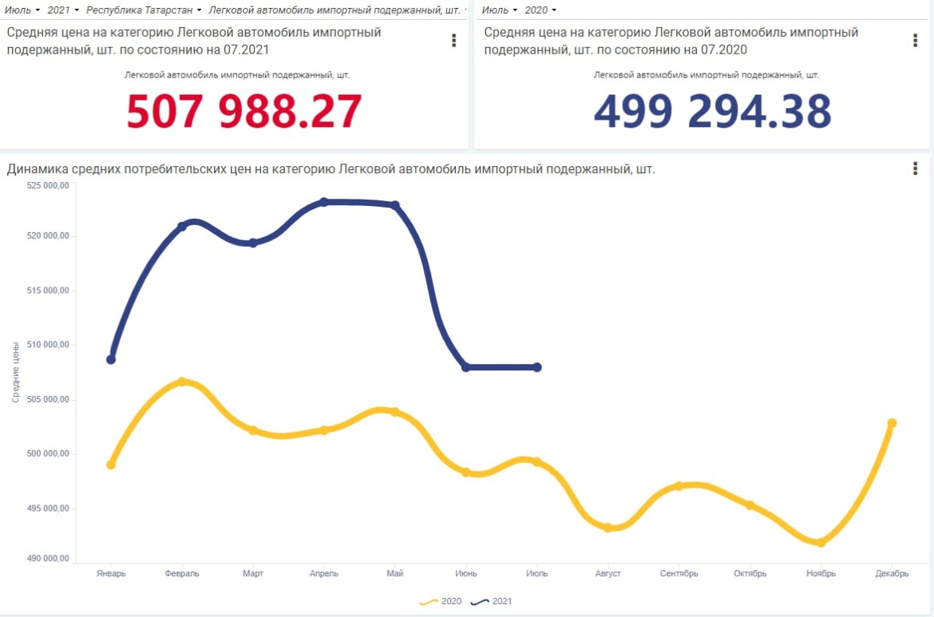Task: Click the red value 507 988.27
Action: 244,112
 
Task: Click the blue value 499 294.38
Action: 712,112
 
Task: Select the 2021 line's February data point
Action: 182,227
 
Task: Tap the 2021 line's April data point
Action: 324,202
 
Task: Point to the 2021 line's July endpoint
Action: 537,367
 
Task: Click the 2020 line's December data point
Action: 892,423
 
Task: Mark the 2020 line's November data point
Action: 821,543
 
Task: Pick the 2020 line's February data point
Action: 182,382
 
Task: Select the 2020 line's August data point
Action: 607,528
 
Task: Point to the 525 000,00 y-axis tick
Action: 49,185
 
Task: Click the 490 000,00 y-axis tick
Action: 49,558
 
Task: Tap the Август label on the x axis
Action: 608,573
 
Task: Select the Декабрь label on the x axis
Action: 892,573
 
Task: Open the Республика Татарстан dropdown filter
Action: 144,10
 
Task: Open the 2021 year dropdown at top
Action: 63,10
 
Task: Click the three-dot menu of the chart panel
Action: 915,168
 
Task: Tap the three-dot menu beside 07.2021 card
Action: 453,41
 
